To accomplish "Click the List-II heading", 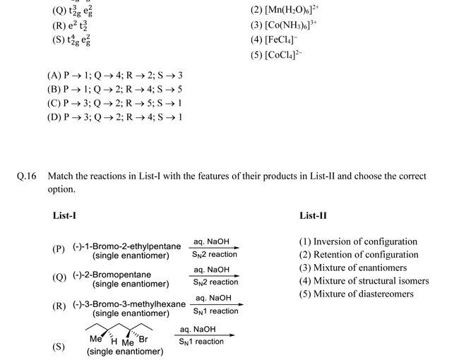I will (x=313, y=215).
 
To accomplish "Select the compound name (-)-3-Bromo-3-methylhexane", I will (x=129, y=304).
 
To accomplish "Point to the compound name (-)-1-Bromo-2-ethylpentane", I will (x=127, y=246).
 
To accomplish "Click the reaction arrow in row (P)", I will (x=215, y=248).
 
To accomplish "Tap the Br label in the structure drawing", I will (x=144, y=340).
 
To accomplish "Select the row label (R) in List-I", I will (x=59, y=306).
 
